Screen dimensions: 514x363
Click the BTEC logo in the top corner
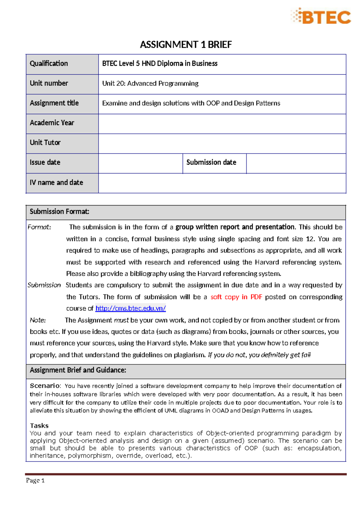(x=321, y=16)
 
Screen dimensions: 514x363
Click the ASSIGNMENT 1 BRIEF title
(x=186, y=45)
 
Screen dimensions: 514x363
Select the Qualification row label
(x=49, y=64)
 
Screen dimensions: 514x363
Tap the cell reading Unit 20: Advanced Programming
(x=150, y=84)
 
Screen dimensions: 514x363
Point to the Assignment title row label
(x=54, y=103)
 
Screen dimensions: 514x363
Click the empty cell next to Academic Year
(x=222, y=124)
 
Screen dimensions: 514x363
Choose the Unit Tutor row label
(x=45, y=143)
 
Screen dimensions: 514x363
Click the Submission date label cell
(x=211, y=163)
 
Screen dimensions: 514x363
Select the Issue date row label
(x=45, y=163)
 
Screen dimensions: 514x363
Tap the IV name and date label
(x=56, y=183)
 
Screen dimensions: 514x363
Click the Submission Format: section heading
(x=59, y=212)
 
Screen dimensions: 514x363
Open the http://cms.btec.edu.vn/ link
(x=130, y=308)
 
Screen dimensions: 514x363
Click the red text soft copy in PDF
(x=236, y=297)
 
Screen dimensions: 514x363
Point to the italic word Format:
(x=39, y=227)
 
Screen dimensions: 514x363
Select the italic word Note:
(x=38, y=320)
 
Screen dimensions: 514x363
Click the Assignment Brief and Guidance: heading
(x=78, y=370)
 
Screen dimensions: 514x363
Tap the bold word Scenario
(x=45, y=386)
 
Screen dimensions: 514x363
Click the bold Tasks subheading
(x=39, y=426)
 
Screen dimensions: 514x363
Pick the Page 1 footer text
(x=35, y=480)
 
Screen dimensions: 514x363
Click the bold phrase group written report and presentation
(x=235, y=227)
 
